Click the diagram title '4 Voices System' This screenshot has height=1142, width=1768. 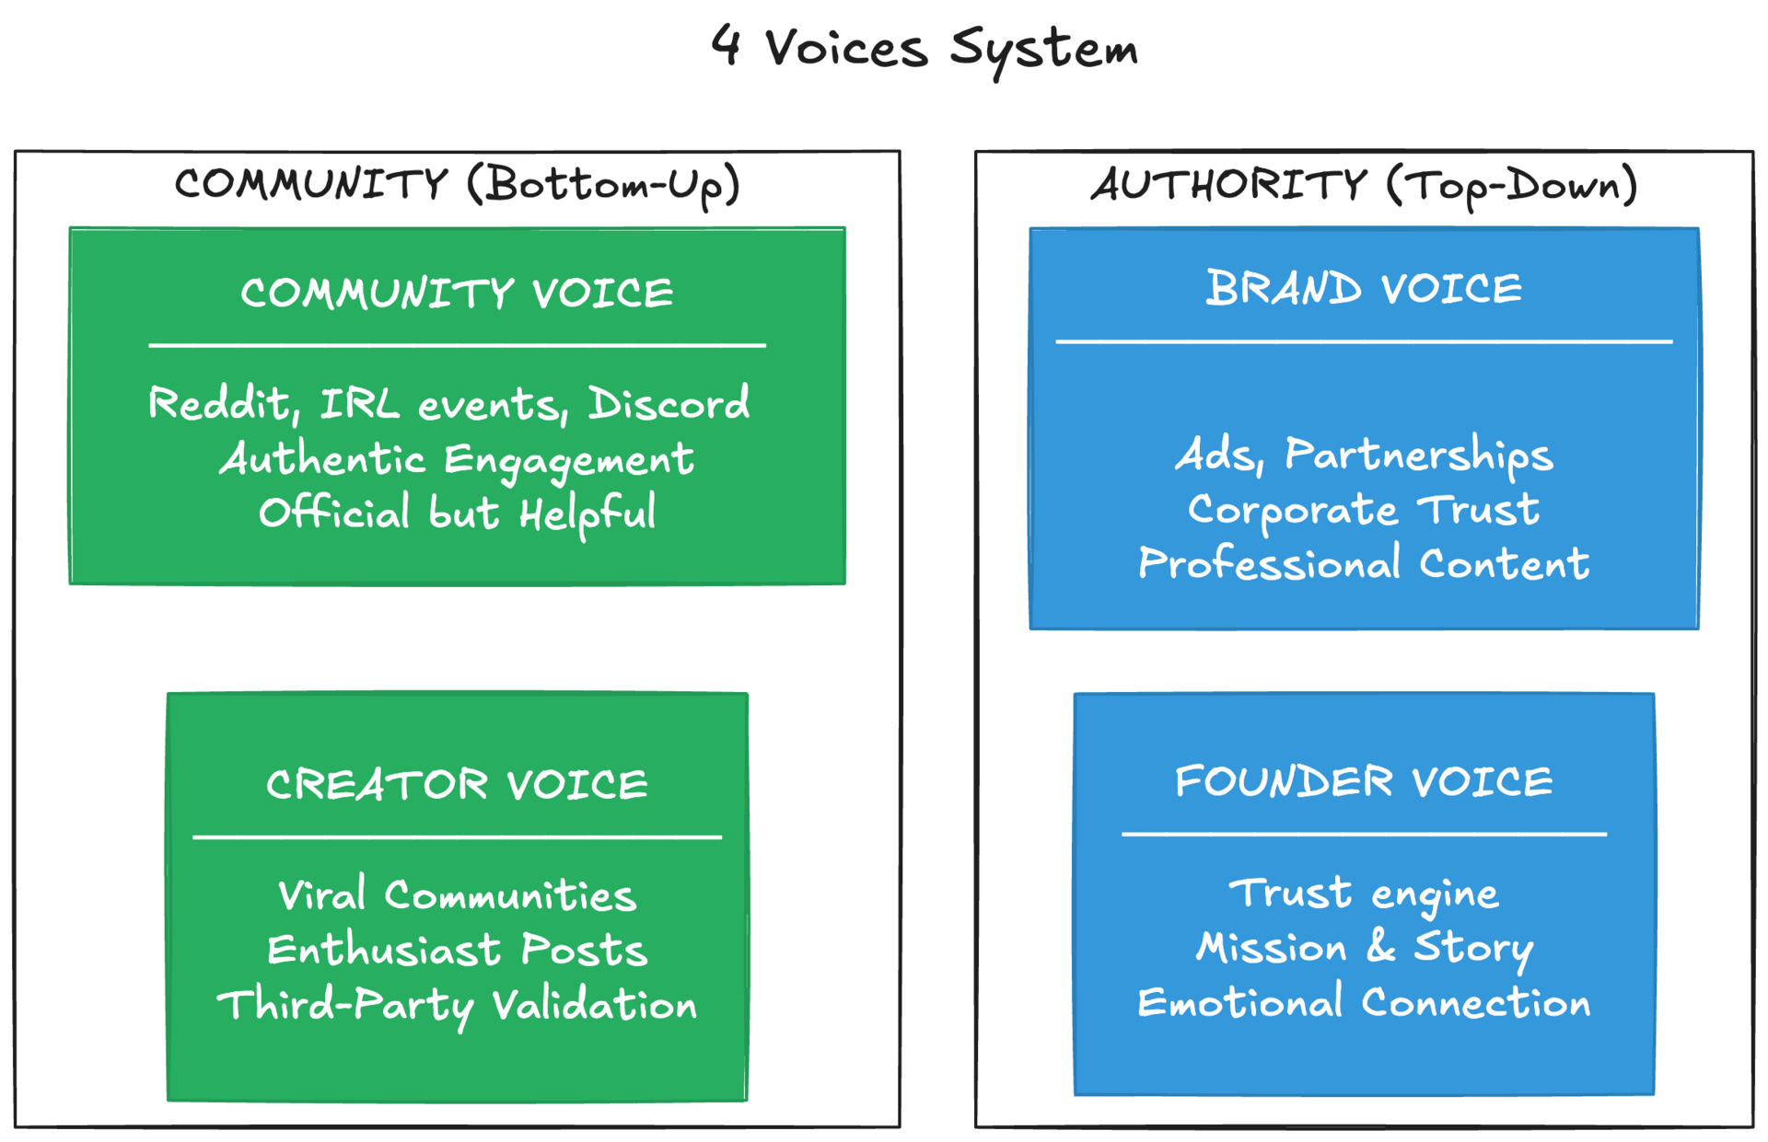(925, 48)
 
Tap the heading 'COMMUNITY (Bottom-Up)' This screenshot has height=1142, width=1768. (458, 185)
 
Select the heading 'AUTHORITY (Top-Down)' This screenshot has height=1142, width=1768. (1364, 185)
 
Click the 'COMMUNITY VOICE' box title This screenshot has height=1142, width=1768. (457, 294)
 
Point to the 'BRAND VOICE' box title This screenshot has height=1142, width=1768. (1364, 289)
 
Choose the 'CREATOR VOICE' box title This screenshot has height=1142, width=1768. (457, 785)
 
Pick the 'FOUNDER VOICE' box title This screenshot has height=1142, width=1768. (1364, 782)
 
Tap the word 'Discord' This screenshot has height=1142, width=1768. (669, 404)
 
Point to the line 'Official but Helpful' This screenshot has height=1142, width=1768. (457, 513)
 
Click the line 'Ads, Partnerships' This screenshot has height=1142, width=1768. (1364, 455)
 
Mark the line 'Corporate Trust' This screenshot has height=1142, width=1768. (1364, 510)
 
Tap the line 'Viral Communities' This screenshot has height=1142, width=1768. (457, 895)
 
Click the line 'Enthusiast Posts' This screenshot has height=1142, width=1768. (457, 950)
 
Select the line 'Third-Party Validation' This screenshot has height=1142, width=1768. (457, 1005)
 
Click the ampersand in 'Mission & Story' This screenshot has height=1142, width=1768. (1380, 946)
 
